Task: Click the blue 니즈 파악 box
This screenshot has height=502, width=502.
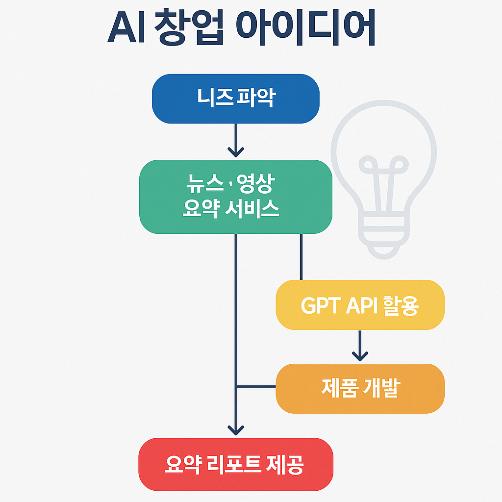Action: [236, 98]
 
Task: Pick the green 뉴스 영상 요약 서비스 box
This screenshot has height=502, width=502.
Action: [236, 197]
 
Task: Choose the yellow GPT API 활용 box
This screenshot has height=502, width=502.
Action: [360, 305]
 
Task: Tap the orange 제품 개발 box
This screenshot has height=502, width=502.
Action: [360, 388]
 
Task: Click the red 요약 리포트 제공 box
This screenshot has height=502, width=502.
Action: [236, 464]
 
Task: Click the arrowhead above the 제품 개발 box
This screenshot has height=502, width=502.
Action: [360, 355]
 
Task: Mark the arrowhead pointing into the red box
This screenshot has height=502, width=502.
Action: [236, 429]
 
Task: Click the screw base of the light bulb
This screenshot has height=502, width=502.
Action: [383, 235]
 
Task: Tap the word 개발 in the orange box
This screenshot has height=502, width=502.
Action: [382, 388]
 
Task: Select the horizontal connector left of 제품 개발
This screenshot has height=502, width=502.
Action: [256, 387]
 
